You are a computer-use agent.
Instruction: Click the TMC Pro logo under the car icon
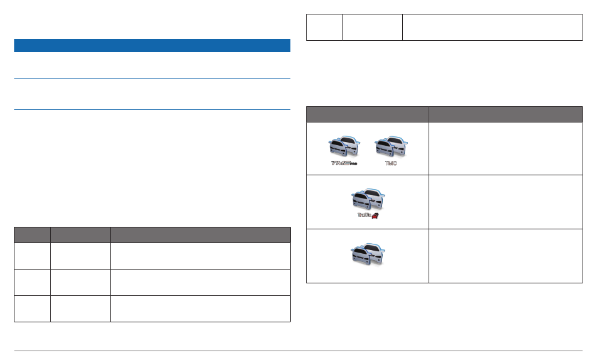(x=343, y=163)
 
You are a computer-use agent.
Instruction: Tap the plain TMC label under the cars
(x=390, y=163)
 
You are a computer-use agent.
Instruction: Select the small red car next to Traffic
(x=376, y=215)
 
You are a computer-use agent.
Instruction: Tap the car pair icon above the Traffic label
(x=367, y=199)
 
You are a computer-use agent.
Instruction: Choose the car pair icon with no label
(x=367, y=254)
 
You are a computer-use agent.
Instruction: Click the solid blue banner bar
(x=152, y=45)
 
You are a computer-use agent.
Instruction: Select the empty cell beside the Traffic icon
(x=506, y=202)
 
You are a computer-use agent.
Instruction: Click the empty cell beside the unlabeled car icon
(x=506, y=256)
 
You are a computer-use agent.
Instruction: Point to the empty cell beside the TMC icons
(x=506, y=148)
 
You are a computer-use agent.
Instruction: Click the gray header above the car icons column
(x=368, y=114)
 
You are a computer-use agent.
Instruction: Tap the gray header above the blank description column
(x=506, y=114)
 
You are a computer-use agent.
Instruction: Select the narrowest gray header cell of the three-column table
(x=32, y=234)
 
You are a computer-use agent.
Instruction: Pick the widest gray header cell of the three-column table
(x=200, y=234)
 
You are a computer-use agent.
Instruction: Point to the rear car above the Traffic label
(x=375, y=195)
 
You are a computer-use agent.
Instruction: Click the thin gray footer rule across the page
(x=298, y=351)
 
